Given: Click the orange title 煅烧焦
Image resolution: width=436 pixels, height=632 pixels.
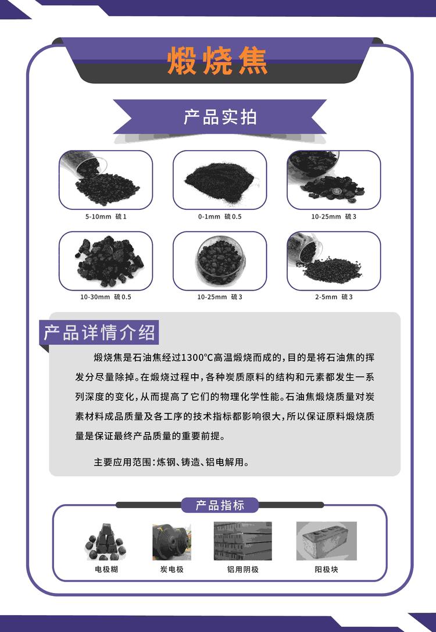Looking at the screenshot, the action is (217, 61).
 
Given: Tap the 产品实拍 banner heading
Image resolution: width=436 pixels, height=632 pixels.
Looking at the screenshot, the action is (220, 117).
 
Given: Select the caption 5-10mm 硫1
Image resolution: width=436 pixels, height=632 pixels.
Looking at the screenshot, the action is (106, 216).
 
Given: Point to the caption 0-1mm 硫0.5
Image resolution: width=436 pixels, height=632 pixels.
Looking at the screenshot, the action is (220, 216).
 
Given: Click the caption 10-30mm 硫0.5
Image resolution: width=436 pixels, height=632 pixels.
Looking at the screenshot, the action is (106, 297).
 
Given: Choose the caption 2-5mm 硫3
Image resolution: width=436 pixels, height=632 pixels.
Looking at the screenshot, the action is (334, 297).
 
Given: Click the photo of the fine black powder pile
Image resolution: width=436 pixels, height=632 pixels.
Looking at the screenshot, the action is (220, 180).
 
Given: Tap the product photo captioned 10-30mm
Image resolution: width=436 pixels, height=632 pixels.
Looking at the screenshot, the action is (106, 261).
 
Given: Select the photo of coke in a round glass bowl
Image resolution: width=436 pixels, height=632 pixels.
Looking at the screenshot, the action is (220, 261).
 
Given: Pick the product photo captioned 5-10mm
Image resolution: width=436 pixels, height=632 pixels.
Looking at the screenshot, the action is (106, 180).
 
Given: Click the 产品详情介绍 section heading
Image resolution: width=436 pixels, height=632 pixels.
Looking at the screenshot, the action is (99, 333).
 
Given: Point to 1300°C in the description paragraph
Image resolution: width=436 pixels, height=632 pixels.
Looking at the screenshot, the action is (197, 358).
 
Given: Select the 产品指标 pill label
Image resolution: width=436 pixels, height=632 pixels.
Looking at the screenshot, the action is (220, 505).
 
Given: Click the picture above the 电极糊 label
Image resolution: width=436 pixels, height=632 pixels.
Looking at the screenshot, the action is (106, 541).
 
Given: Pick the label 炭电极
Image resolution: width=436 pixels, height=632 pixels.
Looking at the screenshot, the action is (171, 569).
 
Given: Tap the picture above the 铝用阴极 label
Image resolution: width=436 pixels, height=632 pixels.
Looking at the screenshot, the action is (242, 541).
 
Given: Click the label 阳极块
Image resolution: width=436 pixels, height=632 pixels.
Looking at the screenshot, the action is (326, 569).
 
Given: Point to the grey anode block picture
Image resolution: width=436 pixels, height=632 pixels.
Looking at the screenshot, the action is (326, 541).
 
